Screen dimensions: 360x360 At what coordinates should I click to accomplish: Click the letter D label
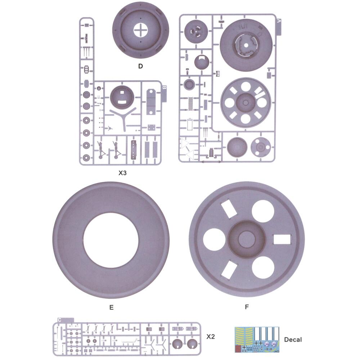(140, 66)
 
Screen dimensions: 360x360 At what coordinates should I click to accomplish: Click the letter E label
(111, 307)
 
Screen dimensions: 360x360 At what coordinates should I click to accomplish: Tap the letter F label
(247, 307)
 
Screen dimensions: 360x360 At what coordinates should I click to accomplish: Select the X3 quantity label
(122, 173)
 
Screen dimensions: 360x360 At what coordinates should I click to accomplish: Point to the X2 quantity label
(211, 337)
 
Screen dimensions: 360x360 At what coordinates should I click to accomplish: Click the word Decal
(293, 339)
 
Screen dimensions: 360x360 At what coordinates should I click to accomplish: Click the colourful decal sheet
(257, 340)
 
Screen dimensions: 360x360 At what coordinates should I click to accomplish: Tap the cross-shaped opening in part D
(140, 30)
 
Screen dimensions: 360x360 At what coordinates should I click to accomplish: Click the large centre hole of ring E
(111, 240)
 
